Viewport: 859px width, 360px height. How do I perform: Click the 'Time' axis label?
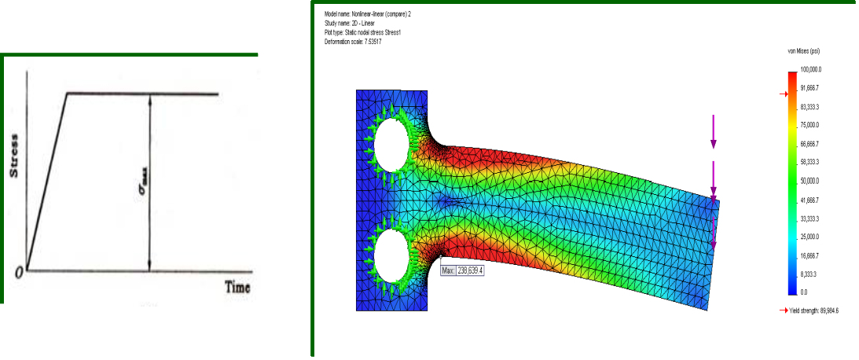click(237, 287)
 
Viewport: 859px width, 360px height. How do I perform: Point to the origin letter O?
click(20, 272)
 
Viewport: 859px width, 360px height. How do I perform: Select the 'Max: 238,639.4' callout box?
click(463, 270)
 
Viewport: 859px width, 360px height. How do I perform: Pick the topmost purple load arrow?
click(714, 131)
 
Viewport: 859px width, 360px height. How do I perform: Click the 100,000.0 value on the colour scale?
click(812, 70)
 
